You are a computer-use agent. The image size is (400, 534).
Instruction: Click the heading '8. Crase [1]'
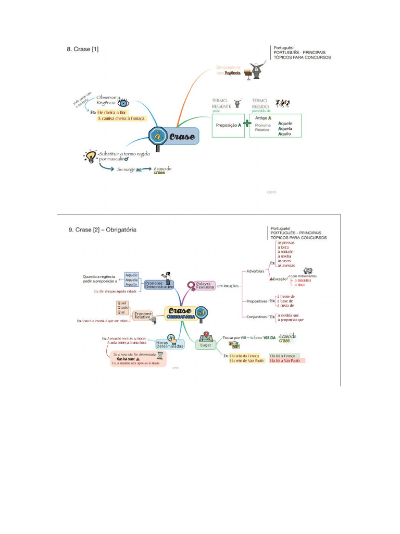[x=82, y=50]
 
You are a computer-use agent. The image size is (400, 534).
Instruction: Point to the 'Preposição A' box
[x=228, y=126]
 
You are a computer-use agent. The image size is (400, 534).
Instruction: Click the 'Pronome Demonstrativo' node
[x=159, y=285]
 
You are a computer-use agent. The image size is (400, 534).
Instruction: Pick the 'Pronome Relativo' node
[x=143, y=315]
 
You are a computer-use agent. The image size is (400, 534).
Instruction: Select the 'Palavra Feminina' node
[x=205, y=286]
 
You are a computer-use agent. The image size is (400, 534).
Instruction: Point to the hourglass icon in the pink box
[x=161, y=355]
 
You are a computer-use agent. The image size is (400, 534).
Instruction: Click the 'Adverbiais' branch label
[x=255, y=271]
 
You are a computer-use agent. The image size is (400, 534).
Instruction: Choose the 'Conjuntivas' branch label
[x=256, y=317]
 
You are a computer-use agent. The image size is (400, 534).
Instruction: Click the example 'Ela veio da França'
[x=244, y=355]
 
